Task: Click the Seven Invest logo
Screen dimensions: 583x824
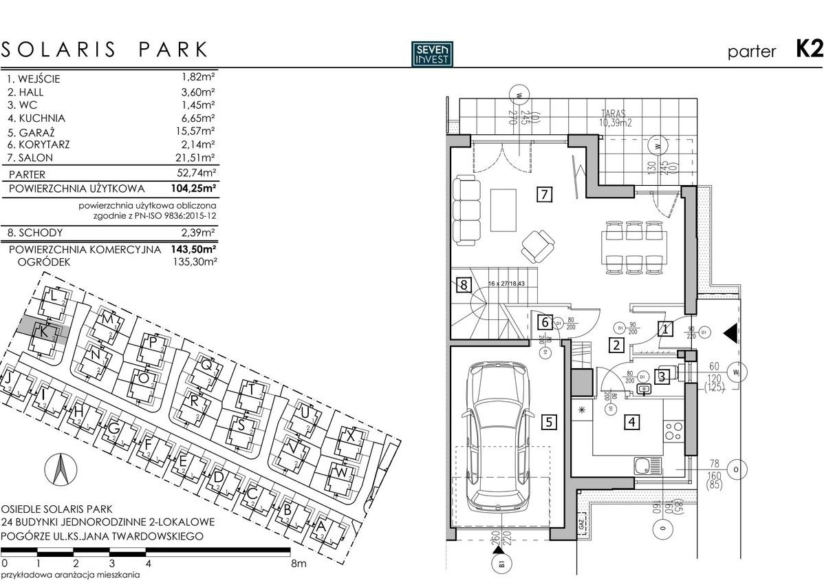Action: click(x=432, y=54)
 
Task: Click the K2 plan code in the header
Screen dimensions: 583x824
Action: click(x=809, y=50)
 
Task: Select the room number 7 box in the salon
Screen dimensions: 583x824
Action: click(x=543, y=194)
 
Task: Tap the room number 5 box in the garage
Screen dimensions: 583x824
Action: click(x=547, y=423)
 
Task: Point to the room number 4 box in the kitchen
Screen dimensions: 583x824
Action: click(x=631, y=423)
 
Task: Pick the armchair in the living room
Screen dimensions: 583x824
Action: click(x=537, y=243)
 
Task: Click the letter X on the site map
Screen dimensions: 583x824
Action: click(x=351, y=437)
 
